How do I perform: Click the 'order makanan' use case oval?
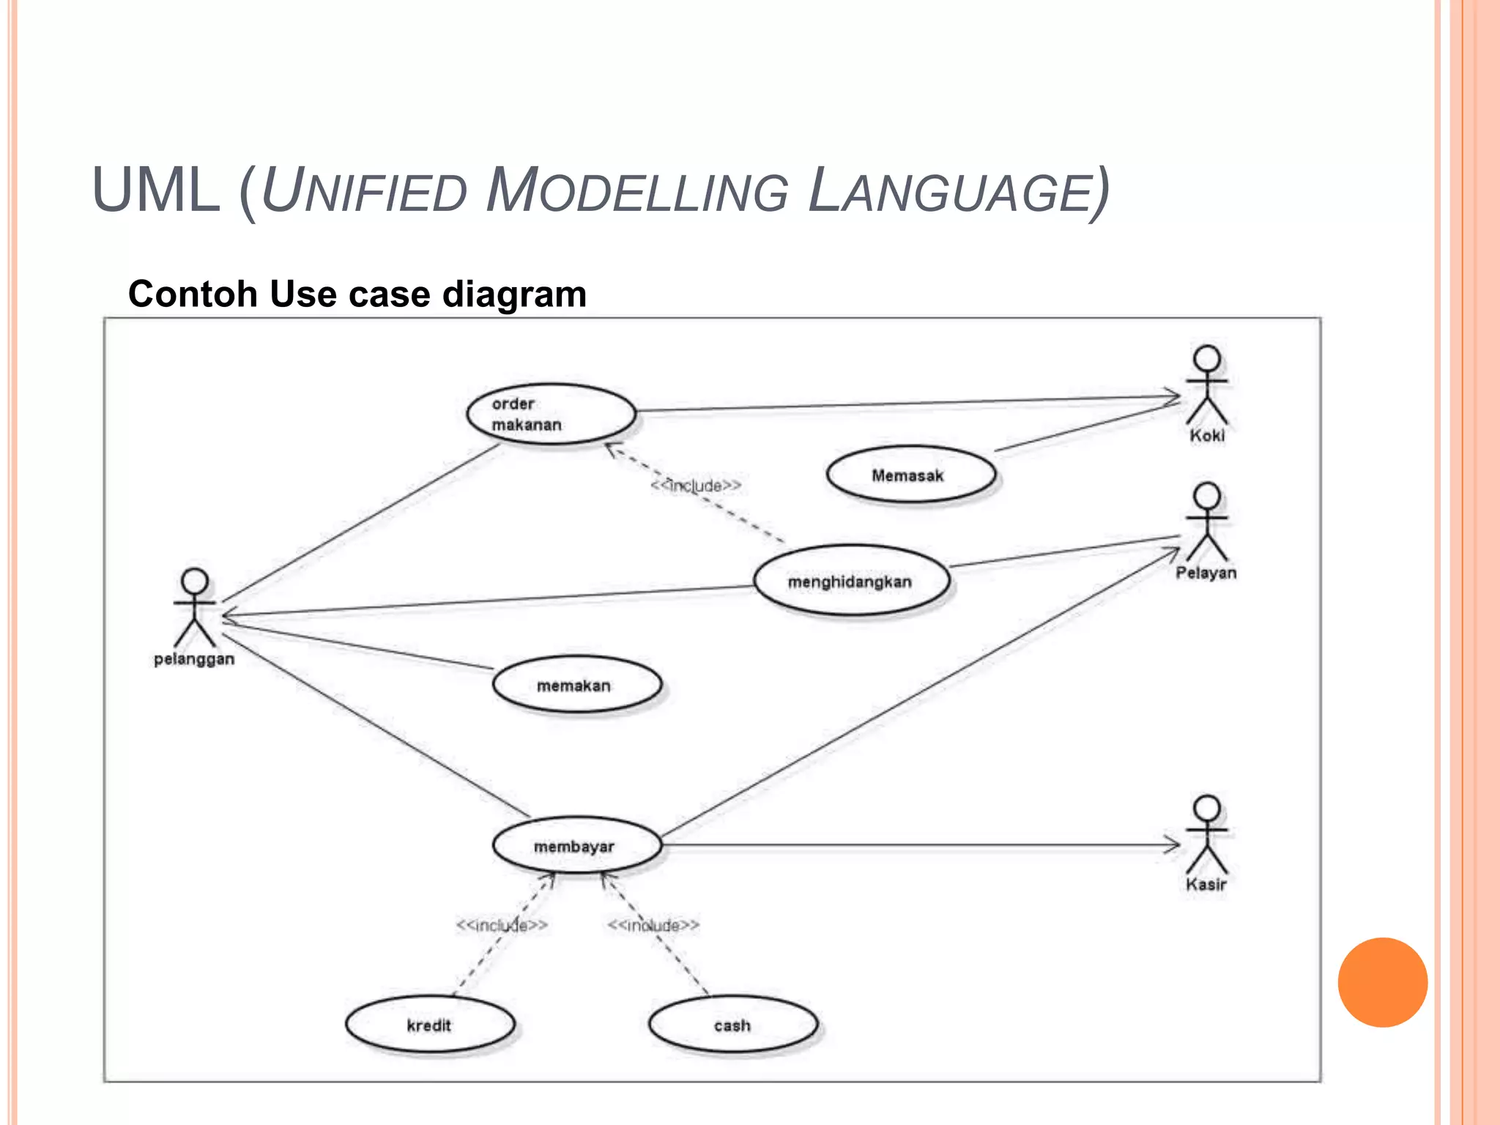pos(551,414)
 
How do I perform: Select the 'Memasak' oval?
pos(910,475)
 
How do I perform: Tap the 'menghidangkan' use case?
pos(851,581)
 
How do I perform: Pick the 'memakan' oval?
pos(576,685)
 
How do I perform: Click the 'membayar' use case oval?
pos(576,846)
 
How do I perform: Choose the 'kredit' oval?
pos(430,1025)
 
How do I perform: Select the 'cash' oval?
pos(732,1025)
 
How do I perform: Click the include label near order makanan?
pos(696,486)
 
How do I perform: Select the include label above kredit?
pos(502,925)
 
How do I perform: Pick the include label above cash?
pos(653,925)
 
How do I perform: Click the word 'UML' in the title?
pos(156,190)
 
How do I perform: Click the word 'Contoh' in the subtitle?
pos(193,294)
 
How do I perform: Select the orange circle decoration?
pos(1382,982)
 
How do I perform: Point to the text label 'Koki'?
pos(1206,436)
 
